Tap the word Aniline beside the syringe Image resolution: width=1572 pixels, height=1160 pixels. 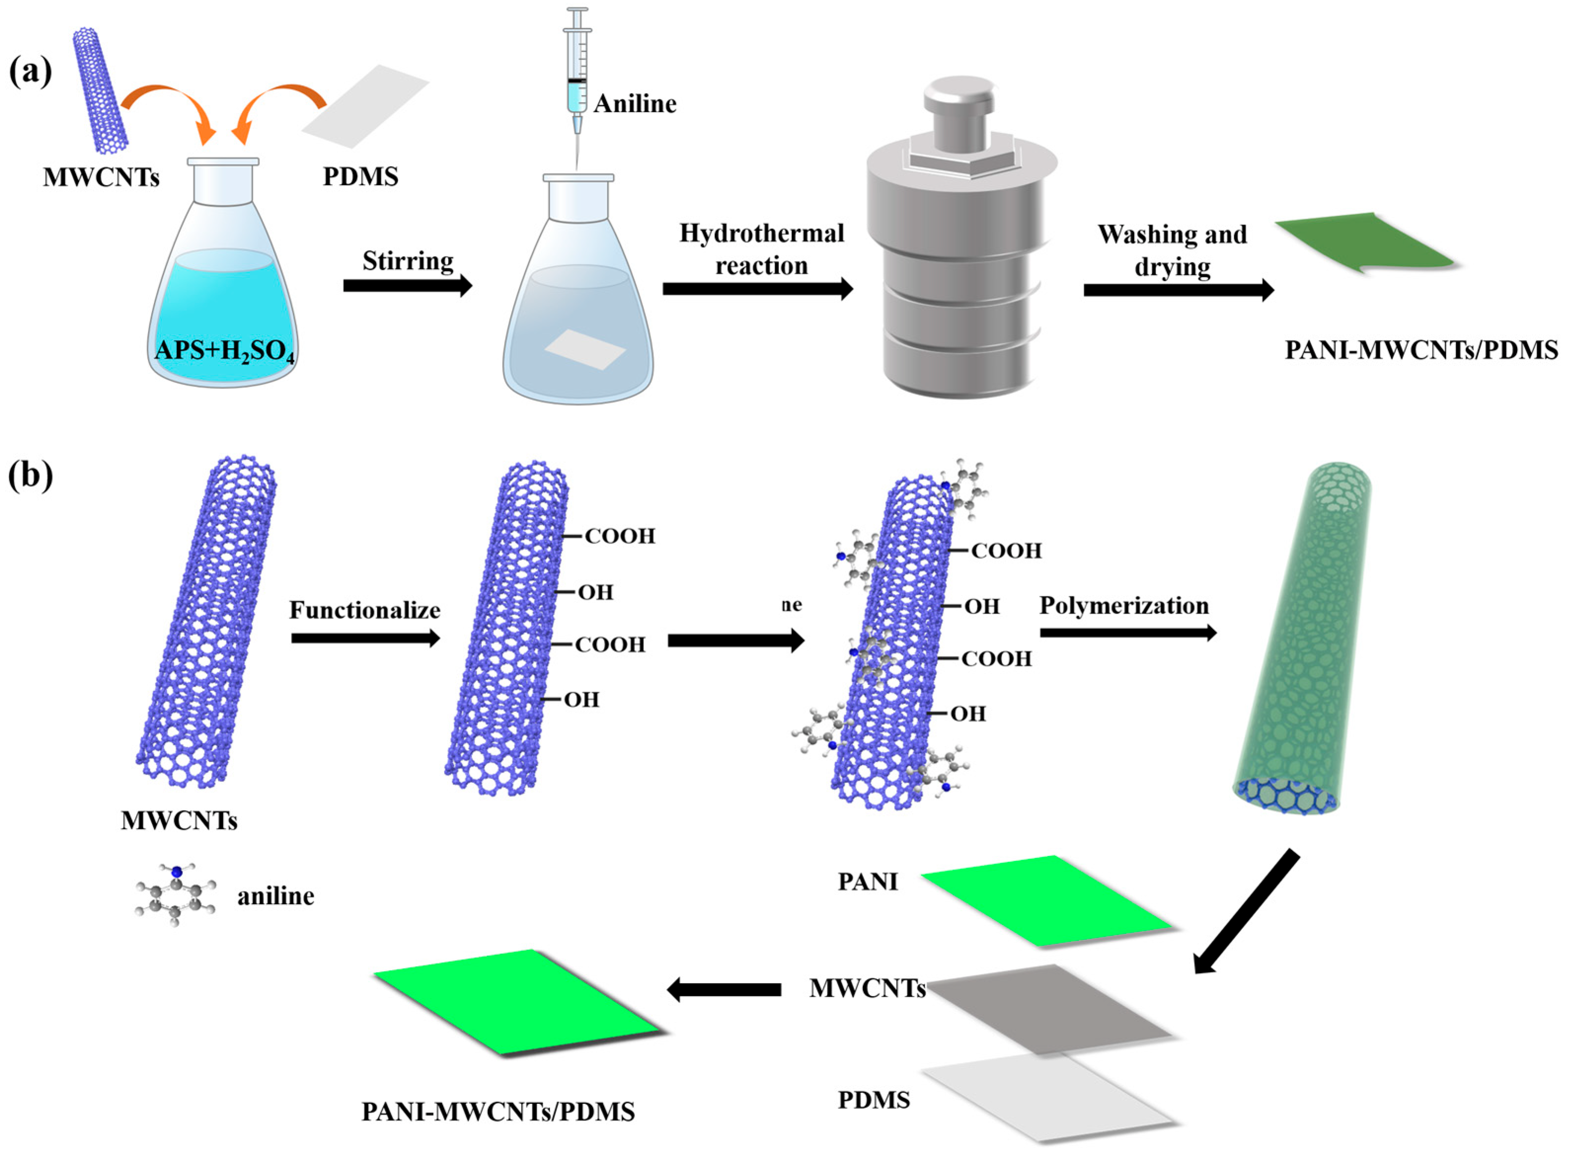click(x=635, y=104)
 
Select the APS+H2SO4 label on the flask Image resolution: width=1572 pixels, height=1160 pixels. click(x=225, y=349)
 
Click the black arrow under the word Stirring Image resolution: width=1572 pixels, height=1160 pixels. click(x=407, y=286)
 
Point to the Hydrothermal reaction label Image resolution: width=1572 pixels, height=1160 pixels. click(x=761, y=249)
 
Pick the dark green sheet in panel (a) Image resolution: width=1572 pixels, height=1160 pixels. click(x=1365, y=243)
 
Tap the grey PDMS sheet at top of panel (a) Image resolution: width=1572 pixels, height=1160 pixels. click(x=365, y=105)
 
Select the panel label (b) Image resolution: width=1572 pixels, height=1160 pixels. click(x=30, y=476)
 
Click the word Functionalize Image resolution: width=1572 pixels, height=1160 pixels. click(x=365, y=610)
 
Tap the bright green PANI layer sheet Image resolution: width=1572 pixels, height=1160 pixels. click(x=1046, y=900)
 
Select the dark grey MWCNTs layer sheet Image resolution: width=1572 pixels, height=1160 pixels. click(x=1049, y=1008)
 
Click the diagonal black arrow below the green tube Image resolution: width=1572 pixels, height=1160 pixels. click(x=1246, y=913)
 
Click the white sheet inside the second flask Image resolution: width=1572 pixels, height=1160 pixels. click(x=585, y=349)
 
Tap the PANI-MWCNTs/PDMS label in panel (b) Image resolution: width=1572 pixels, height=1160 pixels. click(x=498, y=1112)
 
